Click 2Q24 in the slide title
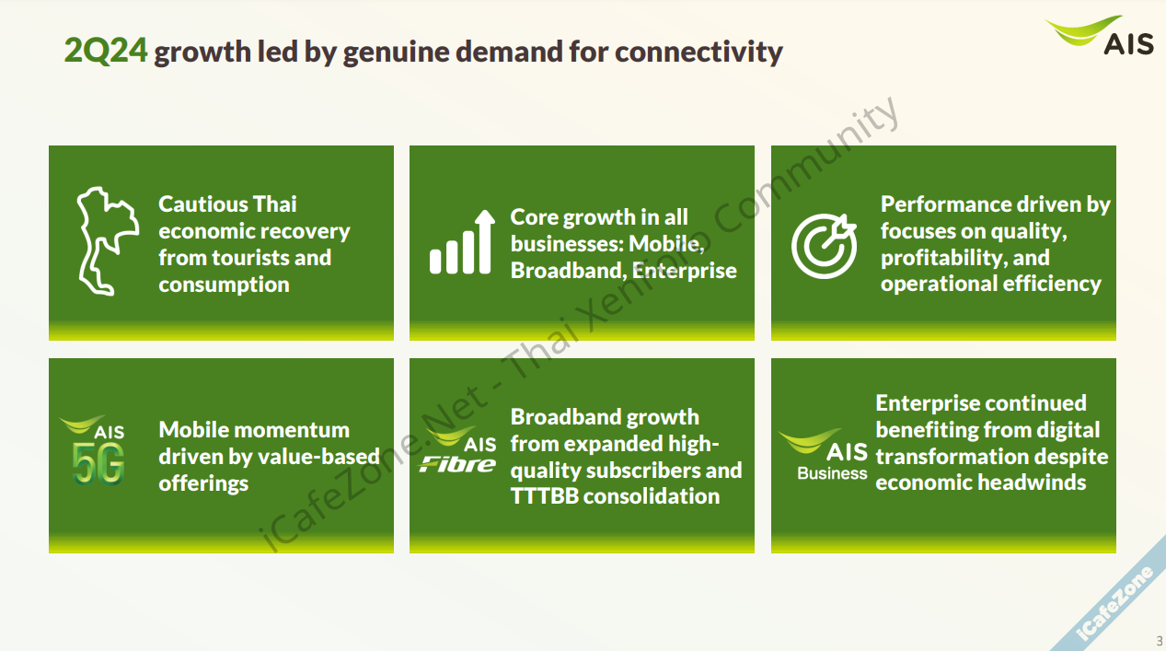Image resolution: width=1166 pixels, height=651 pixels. [106, 51]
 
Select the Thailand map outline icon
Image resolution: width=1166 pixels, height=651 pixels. [108, 241]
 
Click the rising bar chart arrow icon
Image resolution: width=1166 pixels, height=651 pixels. [462, 241]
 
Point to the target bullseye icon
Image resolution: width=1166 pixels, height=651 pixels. [824, 245]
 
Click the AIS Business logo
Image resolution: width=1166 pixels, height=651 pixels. [823, 454]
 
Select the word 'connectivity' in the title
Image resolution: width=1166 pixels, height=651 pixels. [698, 52]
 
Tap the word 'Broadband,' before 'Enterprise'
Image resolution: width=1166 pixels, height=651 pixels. [569, 271]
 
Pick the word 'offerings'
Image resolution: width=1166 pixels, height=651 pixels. [203, 483]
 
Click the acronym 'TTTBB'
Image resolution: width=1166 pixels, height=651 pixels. [545, 496]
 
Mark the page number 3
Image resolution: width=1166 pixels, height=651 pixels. [1160, 640]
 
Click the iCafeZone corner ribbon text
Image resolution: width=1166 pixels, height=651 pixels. [1115, 602]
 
